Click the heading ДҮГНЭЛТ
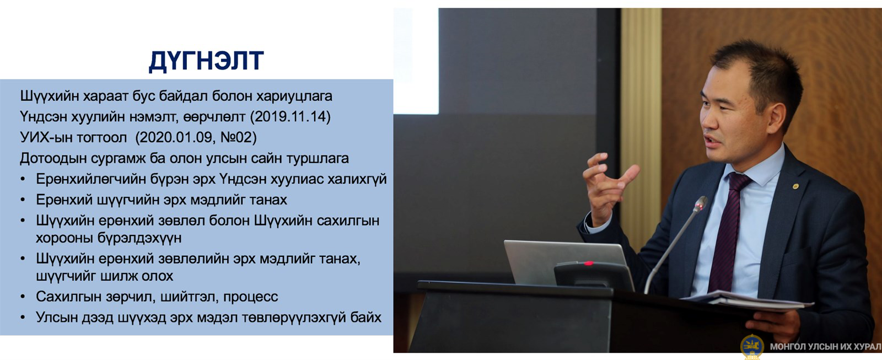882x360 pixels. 206,61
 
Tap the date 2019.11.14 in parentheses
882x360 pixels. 290,116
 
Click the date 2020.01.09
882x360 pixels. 175,137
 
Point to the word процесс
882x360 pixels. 250,297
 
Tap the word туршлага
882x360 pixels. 318,158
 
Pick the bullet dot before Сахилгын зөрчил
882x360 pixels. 23,297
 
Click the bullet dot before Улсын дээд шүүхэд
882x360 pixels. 23,318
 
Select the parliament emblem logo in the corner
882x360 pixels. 752,347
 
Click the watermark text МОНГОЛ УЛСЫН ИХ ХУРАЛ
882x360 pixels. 825,347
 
